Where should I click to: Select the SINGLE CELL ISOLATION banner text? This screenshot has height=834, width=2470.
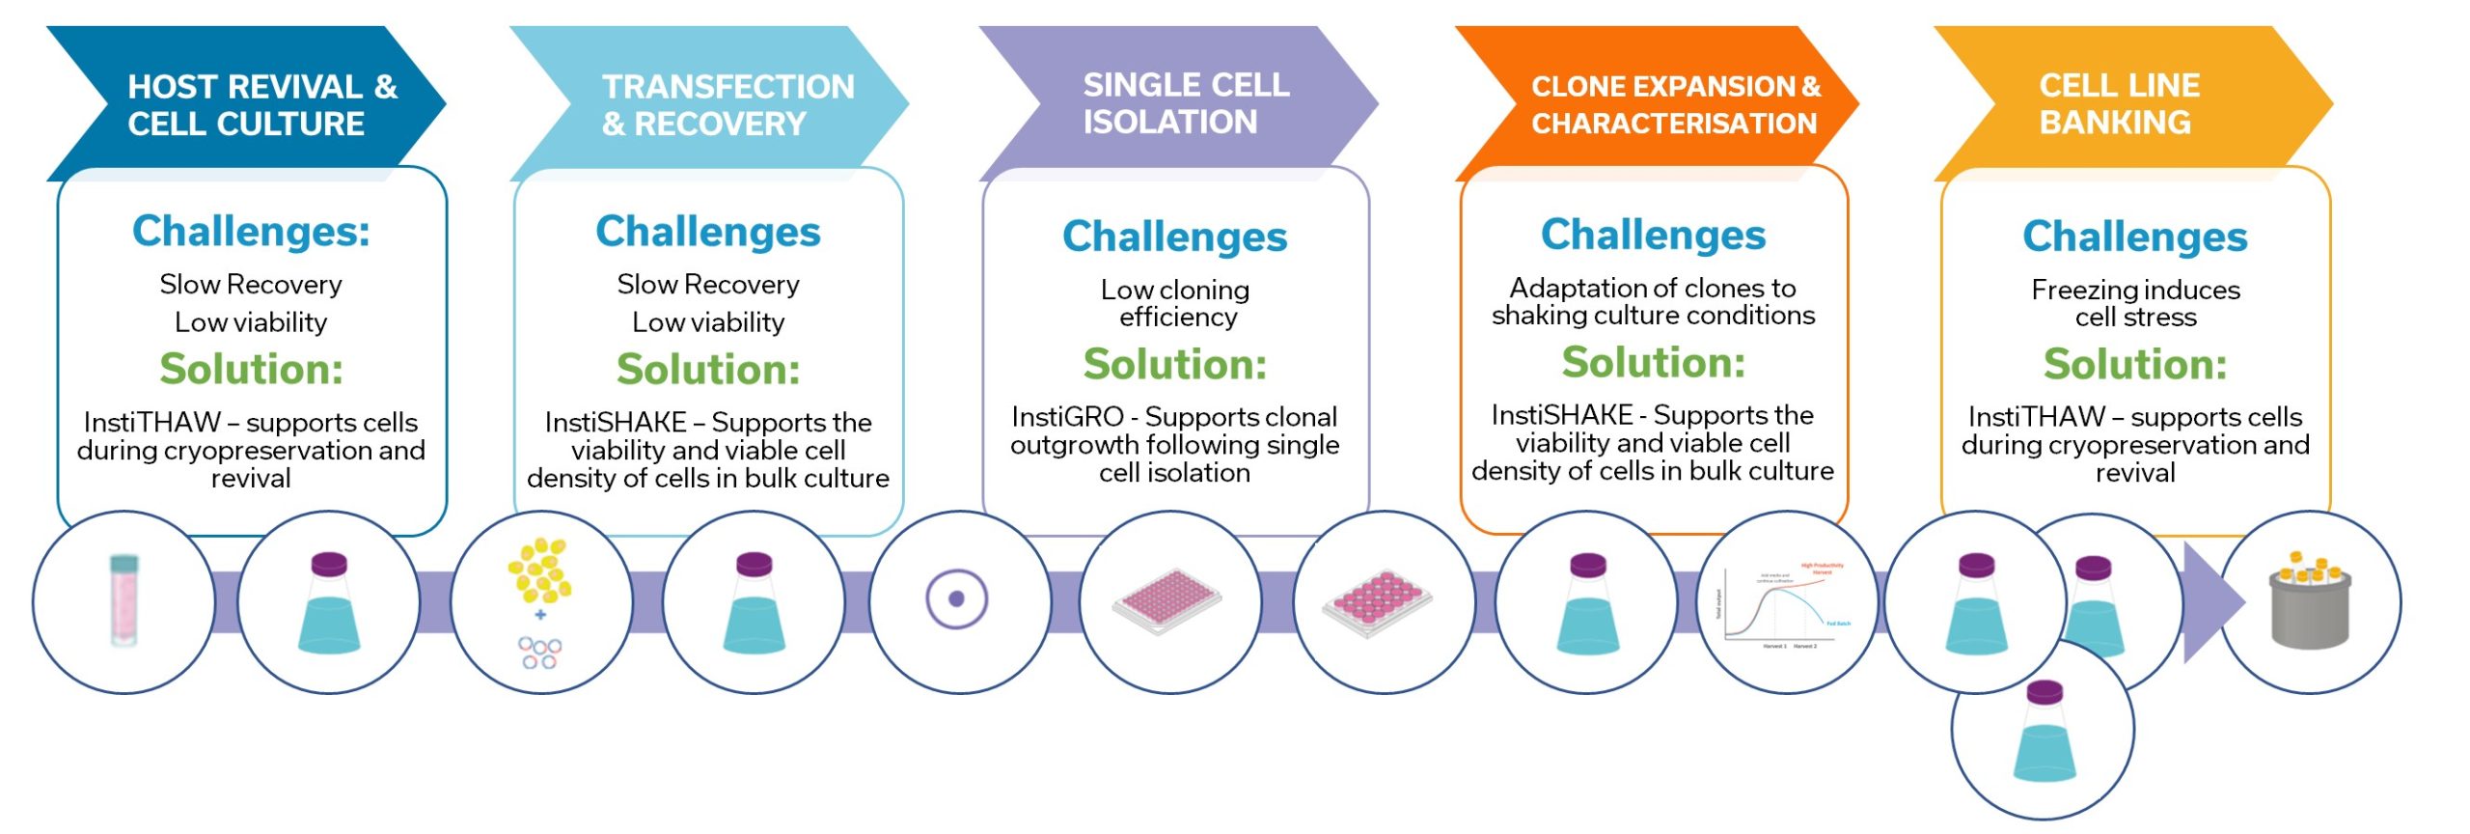click(x=1185, y=102)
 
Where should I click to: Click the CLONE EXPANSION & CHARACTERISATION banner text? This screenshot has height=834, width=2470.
click(x=1675, y=104)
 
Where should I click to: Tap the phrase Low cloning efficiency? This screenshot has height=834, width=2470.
click(x=1175, y=303)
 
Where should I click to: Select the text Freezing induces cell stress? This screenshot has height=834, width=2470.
click(x=2134, y=303)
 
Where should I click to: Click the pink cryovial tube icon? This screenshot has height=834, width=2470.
click(x=123, y=600)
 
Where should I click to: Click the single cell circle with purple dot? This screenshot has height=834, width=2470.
click(x=956, y=598)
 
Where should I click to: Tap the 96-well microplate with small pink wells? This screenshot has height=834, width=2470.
click(x=1167, y=600)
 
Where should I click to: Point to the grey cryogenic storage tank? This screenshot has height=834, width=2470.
click(x=2310, y=604)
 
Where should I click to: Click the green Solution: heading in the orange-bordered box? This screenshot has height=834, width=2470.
click(x=1653, y=363)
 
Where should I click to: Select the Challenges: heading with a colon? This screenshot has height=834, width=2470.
click(x=251, y=232)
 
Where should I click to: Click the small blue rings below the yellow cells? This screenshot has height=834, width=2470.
click(x=539, y=653)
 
